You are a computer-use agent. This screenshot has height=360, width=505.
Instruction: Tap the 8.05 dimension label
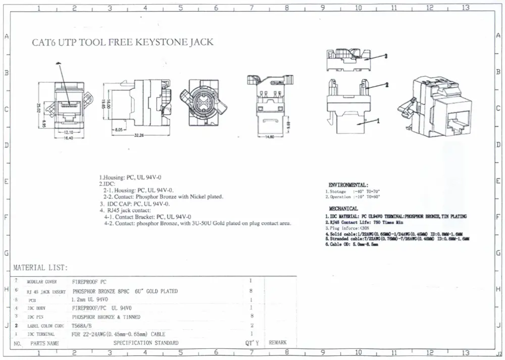[x=120, y=130]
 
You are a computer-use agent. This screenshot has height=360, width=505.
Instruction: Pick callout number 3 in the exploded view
[x=385, y=57]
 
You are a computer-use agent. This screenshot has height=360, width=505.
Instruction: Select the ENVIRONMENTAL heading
[x=348, y=185]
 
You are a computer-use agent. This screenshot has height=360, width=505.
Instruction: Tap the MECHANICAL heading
[x=343, y=209]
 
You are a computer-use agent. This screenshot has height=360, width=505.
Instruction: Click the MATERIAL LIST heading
[x=40, y=268]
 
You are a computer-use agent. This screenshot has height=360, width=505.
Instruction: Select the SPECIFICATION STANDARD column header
[x=146, y=343]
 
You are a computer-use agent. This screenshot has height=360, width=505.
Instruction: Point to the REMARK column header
[x=278, y=342]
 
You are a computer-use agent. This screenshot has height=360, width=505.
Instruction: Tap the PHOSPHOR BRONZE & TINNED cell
[x=106, y=317]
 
